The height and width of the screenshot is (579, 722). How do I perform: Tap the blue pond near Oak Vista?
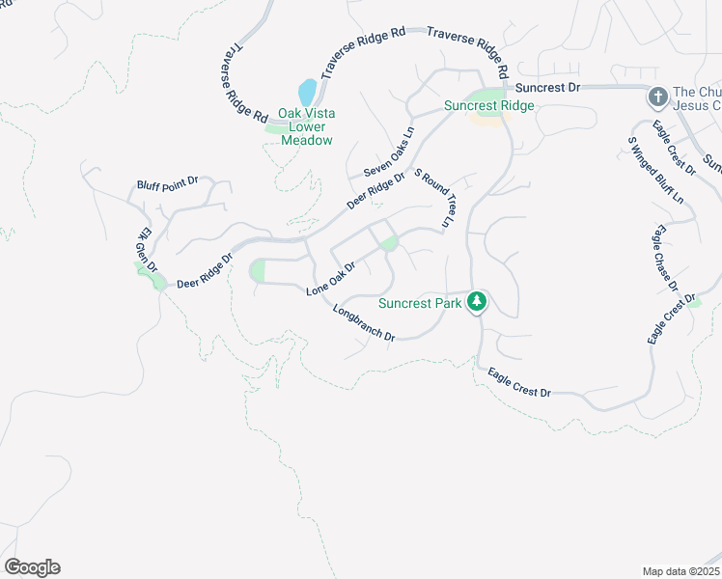[x=307, y=93]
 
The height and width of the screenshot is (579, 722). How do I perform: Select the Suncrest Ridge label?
[x=488, y=105]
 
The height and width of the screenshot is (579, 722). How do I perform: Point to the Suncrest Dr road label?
[x=547, y=87]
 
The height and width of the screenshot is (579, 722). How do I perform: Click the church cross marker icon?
[x=657, y=96]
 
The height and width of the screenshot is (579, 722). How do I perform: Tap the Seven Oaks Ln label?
[x=389, y=152]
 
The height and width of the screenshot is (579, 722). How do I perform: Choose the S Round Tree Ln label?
[x=434, y=199]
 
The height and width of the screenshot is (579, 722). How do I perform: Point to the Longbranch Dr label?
[x=364, y=323]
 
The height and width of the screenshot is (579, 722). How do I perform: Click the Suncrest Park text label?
[x=421, y=302]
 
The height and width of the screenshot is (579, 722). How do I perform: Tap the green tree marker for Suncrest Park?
[x=476, y=302]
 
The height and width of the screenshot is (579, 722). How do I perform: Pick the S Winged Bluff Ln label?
[x=655, y=170]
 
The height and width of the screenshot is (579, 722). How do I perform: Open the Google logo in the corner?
[x=32, y=566]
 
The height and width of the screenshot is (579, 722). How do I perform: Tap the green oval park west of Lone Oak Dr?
[x=258, y=271]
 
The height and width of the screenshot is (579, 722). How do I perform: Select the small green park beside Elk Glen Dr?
[x=151, y=276]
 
